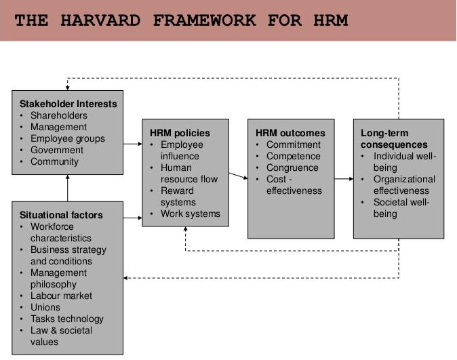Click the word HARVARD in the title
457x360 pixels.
100,20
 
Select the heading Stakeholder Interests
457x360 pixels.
68,104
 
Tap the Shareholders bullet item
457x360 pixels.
59,115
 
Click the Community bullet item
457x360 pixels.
54,161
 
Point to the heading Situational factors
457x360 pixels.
61,215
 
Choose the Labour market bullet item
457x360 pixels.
61,296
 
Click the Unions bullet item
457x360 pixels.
45,307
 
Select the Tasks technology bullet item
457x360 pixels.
67,319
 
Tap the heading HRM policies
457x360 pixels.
180,133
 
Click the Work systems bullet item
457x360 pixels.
191,214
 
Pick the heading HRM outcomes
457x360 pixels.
290,133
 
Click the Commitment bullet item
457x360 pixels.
294,144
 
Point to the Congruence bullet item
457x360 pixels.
292,167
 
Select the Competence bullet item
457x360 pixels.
294,156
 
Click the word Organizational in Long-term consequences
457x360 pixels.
404,179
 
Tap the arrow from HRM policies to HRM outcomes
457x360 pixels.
239,176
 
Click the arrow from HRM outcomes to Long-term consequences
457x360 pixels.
344,179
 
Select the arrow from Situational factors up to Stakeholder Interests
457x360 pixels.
68,188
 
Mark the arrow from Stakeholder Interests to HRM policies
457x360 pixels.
133,144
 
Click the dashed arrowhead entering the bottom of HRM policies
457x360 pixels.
185,229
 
